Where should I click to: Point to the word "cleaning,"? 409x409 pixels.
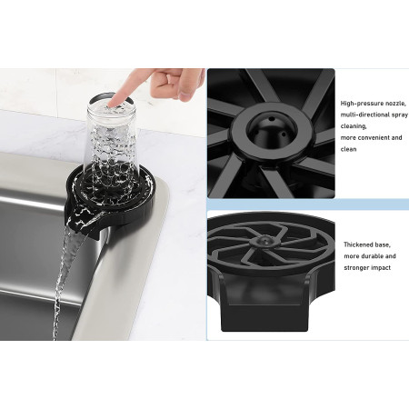click(354, 126)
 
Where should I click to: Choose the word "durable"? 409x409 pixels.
click(373, 256)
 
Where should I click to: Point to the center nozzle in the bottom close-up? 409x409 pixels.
click(264, 241)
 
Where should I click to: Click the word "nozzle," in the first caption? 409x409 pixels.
click(395, 104)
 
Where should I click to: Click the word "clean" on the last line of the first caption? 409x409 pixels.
click(348, 149)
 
